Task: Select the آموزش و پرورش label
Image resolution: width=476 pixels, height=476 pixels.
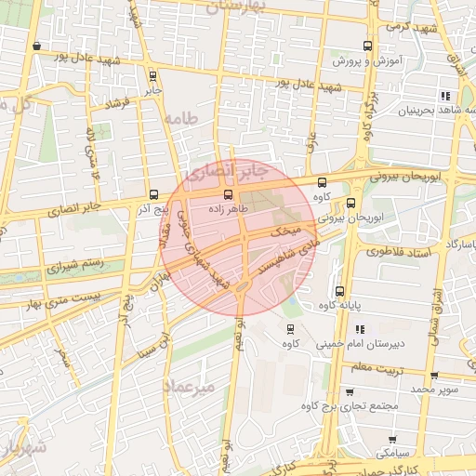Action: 367,61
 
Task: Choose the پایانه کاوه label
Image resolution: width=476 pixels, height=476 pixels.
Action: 339,305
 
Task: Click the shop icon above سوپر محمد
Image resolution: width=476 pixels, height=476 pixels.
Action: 435,376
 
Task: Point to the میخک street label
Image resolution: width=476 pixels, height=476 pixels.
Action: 283,230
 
